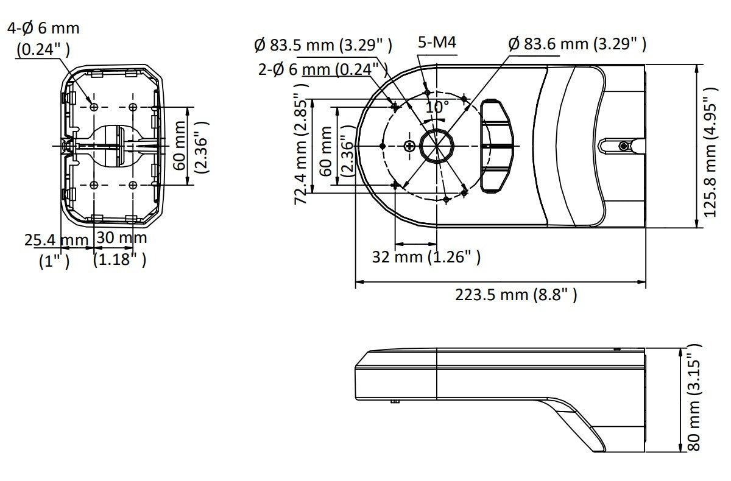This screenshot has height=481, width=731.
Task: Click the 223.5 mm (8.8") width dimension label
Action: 516,295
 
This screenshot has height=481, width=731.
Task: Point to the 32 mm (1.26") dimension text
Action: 426,257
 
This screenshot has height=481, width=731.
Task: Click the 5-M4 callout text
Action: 437,43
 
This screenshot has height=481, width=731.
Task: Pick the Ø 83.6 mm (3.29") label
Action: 576,44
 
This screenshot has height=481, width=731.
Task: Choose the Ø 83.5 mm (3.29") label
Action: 323,44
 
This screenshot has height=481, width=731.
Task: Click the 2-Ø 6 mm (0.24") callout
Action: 323,69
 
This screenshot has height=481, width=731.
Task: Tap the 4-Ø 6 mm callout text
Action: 43,29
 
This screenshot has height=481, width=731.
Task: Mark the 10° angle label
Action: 437,107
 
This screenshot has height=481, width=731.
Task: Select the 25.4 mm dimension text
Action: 56,239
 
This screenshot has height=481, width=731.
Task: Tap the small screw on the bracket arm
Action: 623,146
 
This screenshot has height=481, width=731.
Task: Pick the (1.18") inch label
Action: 120,261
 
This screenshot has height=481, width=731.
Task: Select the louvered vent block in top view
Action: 496,146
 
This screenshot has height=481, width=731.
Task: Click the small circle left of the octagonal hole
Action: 409,145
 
